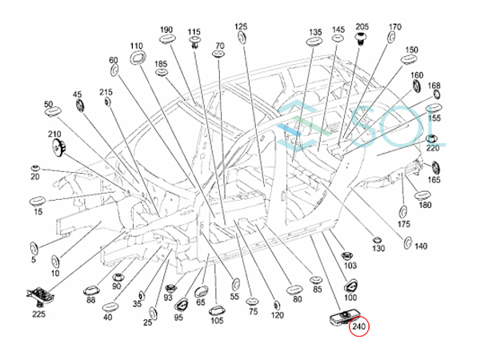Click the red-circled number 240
click(359, 326)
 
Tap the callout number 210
click(54, 134)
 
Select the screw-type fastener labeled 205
click(362, 39)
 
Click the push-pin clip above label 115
click(194, 42)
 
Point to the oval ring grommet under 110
click(137, 58)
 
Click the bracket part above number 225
click(41, 296)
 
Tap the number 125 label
click(241, 26)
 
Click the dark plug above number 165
click(435, 168)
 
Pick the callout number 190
click(166, 30)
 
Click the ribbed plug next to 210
click(58, 146)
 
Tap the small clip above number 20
click(36, 168)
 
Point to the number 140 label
click(421, 246)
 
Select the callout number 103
click(350, 265)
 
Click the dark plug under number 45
click(79, 106)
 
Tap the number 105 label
click(217, 320)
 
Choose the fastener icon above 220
click(431, 138)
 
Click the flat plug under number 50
click(53, 112)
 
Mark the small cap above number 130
click(377, 240)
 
